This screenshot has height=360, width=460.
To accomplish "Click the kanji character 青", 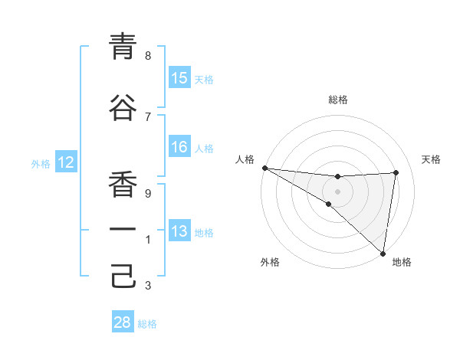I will pos(123,47).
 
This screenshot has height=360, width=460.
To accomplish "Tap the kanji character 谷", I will pos(123,108).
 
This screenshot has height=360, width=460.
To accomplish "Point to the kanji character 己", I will pos(123,277).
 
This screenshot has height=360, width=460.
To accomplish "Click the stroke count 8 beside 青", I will pos(148,55).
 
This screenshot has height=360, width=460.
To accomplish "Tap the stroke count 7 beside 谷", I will pos(148,116).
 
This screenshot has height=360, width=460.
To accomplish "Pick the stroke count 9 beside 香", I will pos(148,193).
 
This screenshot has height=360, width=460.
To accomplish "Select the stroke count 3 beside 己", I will pos(148,286).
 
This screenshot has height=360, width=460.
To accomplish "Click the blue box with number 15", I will pos(179,78).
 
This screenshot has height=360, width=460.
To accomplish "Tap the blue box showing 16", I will pos(179,147).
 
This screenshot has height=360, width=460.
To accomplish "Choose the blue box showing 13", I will pos(179,232).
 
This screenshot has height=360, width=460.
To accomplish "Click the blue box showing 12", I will pos(65,162).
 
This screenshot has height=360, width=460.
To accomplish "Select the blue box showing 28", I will pos(123,322).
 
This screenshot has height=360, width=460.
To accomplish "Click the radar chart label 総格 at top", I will pos(337,100).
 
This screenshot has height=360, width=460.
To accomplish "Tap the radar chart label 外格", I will pos(270,262).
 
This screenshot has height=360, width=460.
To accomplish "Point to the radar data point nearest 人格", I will pos(264,168).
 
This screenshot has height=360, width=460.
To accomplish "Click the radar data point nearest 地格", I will pos(383,253).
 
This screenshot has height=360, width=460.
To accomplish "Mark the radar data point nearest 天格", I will pos(396,172).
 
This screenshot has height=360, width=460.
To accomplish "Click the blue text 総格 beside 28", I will pos(147,324).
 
